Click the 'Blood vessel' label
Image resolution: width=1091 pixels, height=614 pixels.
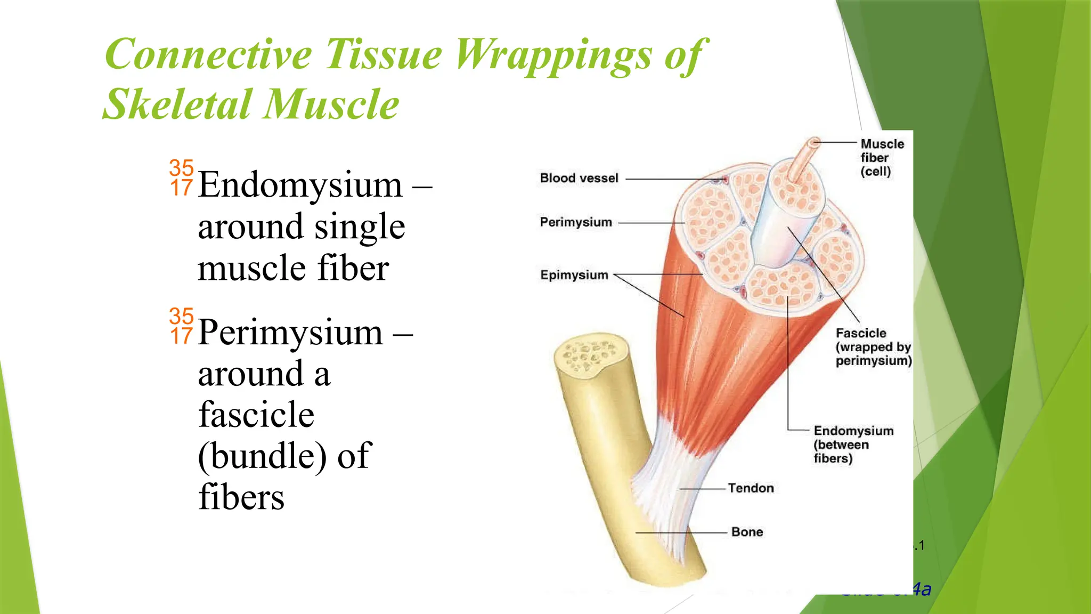click(x=579, y=178)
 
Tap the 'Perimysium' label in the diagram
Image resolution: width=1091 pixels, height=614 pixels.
click(x=576, y=222)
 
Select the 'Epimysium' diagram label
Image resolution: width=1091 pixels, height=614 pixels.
click(x=574, y=275)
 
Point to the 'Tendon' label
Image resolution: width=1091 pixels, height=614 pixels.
click(x=751, y=488)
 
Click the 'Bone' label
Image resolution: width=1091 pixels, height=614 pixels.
click(x=747, y=532)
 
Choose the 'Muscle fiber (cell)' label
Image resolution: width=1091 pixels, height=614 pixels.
click(x=882, y=158)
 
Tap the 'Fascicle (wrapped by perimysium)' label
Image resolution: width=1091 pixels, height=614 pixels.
click(x=873, y=347)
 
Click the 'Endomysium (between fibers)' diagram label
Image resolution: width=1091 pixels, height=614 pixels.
click(x=853, y=445)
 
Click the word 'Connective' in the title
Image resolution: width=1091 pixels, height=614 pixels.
click(x=208, y=54)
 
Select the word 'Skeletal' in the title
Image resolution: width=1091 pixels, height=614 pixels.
click(x=176, y=104)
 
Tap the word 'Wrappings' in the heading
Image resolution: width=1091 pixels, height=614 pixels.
click(x=553, y=55)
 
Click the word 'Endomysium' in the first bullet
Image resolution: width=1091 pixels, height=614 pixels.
click(x=300, y=185)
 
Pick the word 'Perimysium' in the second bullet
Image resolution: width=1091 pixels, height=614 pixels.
click(x=290, y=333)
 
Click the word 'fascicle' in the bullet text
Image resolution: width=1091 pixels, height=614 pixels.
click(x=256, y=415)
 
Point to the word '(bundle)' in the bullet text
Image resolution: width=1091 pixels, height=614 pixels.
click(x=262, y=456)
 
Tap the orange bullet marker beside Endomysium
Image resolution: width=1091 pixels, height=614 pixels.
click(x=181, y=178)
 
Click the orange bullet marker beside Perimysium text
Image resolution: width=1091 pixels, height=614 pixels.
click(x=181, y=326)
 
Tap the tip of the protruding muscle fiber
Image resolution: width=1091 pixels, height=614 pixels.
click(x=813, y=143)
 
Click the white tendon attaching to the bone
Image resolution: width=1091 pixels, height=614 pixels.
click(x=661, y=480)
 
